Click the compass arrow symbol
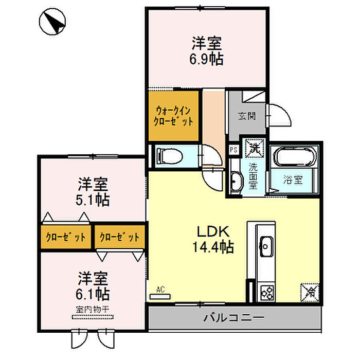click(x=52, y=22)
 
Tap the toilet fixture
click(x=169, y=156)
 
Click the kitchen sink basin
click(x=266, y=246)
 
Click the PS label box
click(x=233, y=150)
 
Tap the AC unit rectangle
click(x=160, y=296)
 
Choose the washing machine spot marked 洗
click(x=254, y=148)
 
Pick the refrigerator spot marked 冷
click(x=310, y=292)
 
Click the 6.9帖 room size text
click(x=206, y=59)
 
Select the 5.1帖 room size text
click(x=93, y=200)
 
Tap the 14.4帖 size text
click(x=213, y=247)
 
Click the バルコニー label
click(x=234, y=318)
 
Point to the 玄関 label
click(x=247, y=116)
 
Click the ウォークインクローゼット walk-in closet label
click(x=173, y=116)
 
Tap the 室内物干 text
click(x=92, y=310)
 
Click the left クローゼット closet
click(x=66, y=237)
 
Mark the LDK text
click(x=213, y=231)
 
